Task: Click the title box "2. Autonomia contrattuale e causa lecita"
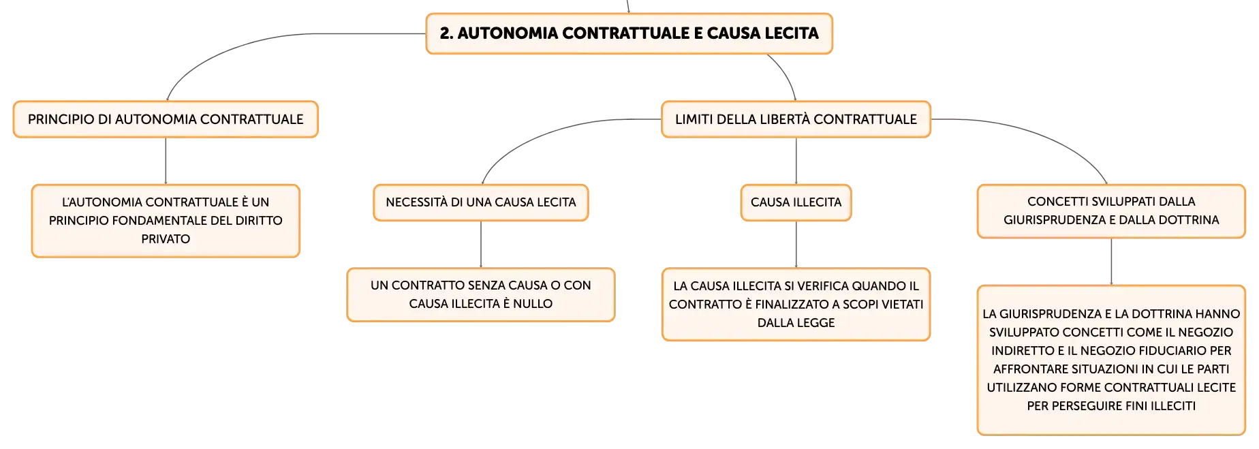pyautogui.click(x=629, y=33)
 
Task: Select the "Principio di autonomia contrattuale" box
pyautogui.click(x=166, y=119)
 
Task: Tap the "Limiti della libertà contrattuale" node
pyautogui.click(x=796, y=119)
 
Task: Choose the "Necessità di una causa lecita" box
pyautogui.click(x=481, y=202)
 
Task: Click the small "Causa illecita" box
pyautogui.click(x=796, y=202)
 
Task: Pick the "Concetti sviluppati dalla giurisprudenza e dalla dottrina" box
pyautogui.click(x=1111, y=211)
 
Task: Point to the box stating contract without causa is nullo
pyautogui.click(x=481, y=294)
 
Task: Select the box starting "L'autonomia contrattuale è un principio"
pyautogui.click(x=166, y=221)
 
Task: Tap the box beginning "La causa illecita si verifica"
pyautogui.click(x=796, y=304)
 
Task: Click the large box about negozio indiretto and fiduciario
pyautogui.click(x=1111, y=360)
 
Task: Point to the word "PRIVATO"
pyautogui.click(x=166, y=239)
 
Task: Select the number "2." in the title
pyautogui.click(x=446, y=33)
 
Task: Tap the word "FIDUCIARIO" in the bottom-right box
pyautogui.click(x=1165, y=351)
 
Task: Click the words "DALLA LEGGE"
pyautogui.click(x=796, y=323)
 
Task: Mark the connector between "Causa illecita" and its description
pyautogui.click(x=796, y=244)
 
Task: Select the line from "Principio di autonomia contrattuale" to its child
pyautogui.click(x=166, y=161)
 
